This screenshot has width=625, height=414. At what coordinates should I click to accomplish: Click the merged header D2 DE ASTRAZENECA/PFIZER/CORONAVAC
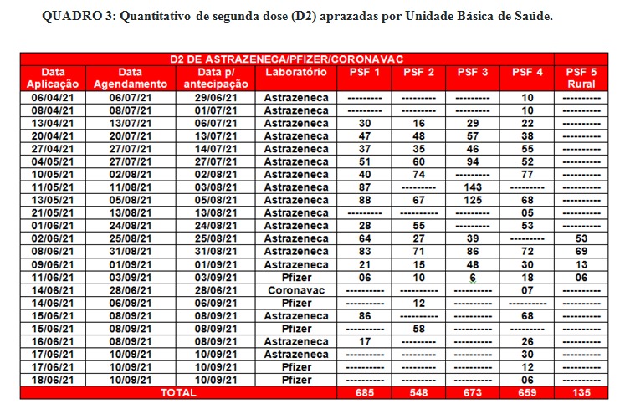coord(287,58)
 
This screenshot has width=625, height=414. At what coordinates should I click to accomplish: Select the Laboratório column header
coord(295,73)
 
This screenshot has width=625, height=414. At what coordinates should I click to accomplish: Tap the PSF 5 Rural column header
coord(581,78)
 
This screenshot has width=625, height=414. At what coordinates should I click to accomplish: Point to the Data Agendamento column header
coord(130,78)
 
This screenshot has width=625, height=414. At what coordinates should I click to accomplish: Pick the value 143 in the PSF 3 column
coord(473,187)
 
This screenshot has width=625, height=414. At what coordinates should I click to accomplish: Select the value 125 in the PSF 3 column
coord(473,201)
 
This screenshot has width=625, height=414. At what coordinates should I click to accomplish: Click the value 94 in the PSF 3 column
coord(473,161)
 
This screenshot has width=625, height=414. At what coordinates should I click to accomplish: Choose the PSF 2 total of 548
coord(418,391)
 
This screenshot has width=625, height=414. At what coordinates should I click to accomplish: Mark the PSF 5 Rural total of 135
coord(581,391)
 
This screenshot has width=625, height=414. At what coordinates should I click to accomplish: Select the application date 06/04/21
coord(53,98)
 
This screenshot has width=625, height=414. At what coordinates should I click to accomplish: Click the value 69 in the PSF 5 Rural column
coord(581,251)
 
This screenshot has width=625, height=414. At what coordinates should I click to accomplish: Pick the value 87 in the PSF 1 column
coord(364,187)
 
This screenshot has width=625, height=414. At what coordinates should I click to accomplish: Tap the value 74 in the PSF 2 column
coord(418,175)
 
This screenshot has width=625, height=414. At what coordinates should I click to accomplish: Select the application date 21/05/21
coord(53,212)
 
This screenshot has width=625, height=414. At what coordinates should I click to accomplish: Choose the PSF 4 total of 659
coord(527,391)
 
